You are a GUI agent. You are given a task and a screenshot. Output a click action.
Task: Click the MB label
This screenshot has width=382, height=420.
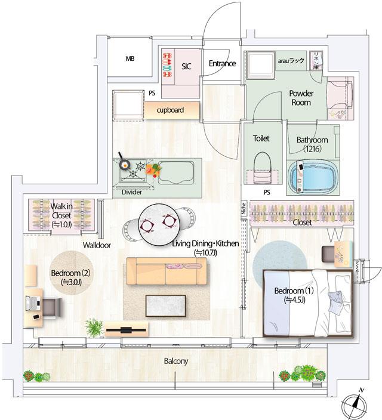pos(130,59)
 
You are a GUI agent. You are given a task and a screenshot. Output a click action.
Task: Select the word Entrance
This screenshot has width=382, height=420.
pos(222,63)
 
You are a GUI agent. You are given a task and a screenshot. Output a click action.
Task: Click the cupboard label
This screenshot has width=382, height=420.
pos(170,110)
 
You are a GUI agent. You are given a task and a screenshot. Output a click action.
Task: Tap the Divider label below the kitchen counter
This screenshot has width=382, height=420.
pos(131,193)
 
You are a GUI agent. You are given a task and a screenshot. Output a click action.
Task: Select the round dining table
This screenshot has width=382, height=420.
pos(157,224)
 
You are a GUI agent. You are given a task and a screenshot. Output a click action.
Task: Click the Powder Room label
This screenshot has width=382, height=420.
pos(301,98)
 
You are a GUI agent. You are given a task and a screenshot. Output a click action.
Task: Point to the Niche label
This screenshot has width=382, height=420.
pos(244,209)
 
